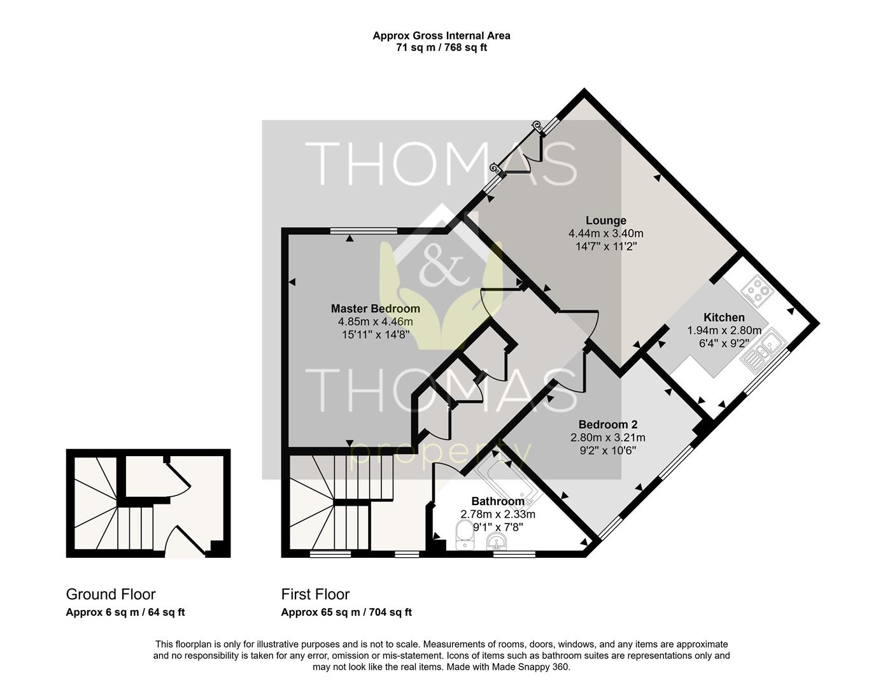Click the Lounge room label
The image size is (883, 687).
(605, 221)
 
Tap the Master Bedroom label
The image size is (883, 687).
(375, 309)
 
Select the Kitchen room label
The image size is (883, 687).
(723, 317)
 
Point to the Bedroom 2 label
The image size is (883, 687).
(607, 424)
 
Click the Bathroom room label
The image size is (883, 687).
(497, 501)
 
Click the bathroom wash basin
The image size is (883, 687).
(497, 542)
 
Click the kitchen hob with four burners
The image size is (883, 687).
(757, 291)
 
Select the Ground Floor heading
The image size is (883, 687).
(111, 594)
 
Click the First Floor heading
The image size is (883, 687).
(315, 594)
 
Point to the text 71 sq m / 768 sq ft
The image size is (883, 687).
(441, 48)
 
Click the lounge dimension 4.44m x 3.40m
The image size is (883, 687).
(605, 233)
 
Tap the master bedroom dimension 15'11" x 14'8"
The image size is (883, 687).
(375, 333)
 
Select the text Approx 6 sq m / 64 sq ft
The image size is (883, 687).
(125, 613)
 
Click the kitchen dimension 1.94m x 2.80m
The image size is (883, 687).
(723, 330)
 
